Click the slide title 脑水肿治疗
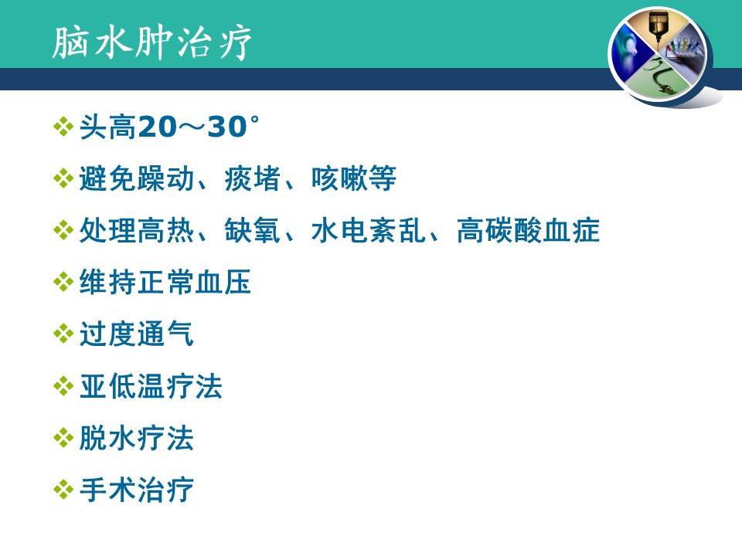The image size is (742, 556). click(x=151, y=42)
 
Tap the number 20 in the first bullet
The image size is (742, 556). click(x=157, y=127)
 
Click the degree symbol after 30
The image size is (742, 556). click(x=254, y=120)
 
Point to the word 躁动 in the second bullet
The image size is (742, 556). click(x=165, y=178)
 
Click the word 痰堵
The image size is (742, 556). click(x=252, y=178)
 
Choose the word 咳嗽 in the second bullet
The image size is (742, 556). click(x=339, y=178)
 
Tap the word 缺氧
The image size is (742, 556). click(x=252, y=230)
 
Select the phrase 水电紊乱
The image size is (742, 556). click(x=368, y=230)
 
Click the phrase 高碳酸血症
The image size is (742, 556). click(x=528, y=230)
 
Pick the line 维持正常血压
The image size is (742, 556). click(x=165, y=283)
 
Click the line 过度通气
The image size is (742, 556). click(x=136, y=334)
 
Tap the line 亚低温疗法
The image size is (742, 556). click(x=151, y=386)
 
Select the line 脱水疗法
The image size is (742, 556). click(x=136, y=439)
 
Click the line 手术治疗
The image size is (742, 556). click(x=136, y=490)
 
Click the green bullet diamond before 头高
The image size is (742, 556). click(x=63, y=127)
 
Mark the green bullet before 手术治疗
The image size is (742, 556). click(x=63, y=490)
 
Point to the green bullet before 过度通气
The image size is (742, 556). click(x=63, y=334)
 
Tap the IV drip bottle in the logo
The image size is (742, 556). click(x=656, y=26)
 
